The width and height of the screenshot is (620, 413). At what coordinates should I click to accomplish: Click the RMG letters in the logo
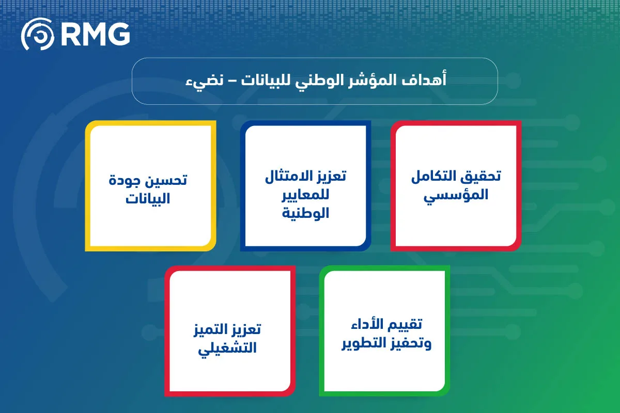click(x=95, y=34)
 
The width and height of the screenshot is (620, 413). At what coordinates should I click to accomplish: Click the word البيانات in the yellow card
click(x=148, y=198)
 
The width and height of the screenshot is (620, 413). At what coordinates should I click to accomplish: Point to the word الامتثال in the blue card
click(x=291, y=176)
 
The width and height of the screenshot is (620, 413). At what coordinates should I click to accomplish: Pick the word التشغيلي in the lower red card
click(x=229, y=347)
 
